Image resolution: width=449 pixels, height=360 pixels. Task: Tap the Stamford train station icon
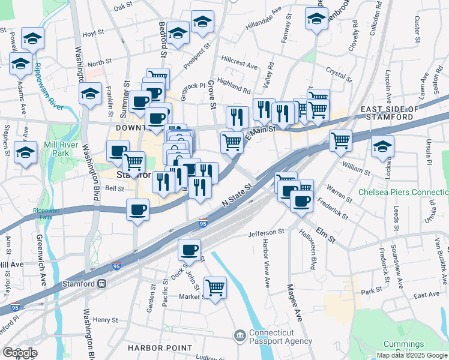[102, 283]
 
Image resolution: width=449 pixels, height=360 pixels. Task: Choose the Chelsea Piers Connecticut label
[403, 193]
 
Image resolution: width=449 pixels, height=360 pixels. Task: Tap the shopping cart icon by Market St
[215, 287]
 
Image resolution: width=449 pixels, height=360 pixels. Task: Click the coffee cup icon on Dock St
[190, 248]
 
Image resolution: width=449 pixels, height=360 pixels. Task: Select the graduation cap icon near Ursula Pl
[382, 146]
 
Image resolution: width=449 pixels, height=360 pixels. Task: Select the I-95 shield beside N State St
[203, 223]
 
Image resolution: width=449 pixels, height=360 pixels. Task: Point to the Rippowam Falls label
[46, 214]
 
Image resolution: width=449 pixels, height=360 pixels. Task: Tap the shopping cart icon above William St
[340, 141]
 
